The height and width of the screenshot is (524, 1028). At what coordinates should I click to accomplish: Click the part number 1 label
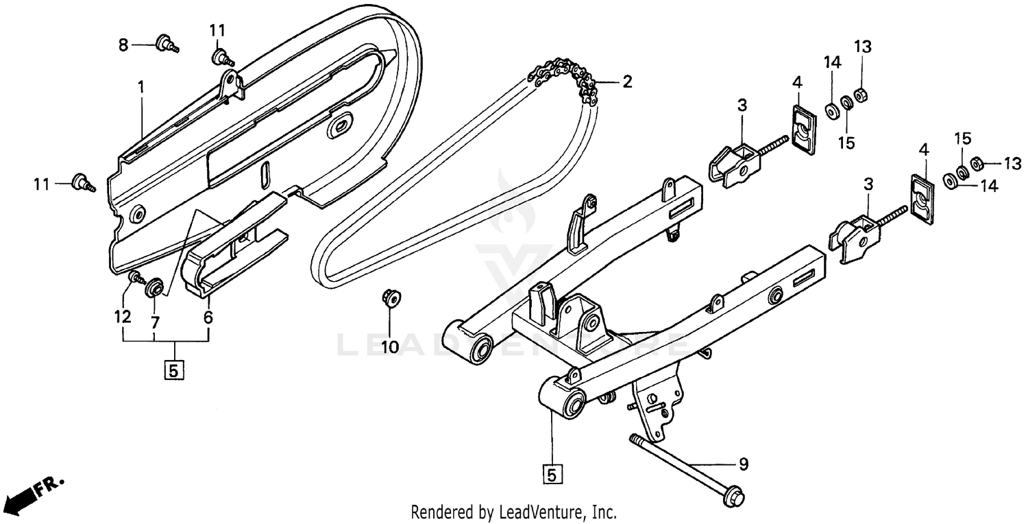140,87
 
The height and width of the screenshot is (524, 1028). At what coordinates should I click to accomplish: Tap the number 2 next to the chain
627,82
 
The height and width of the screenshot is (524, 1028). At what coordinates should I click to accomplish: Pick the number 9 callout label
743,464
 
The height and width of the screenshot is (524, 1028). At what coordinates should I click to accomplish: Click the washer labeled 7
153,286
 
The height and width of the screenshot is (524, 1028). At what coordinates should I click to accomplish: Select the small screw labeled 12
135,278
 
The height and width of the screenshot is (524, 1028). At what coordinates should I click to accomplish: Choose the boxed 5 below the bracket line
173,370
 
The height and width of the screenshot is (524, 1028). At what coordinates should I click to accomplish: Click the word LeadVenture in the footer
541,512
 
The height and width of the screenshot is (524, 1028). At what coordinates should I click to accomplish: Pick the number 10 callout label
390,347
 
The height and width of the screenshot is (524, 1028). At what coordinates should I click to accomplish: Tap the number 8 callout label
123,45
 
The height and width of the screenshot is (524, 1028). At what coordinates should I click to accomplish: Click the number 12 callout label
123,318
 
